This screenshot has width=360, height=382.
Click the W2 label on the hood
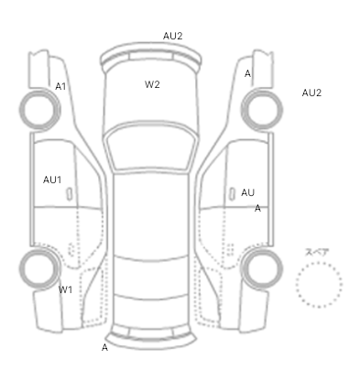(x=152, y=84)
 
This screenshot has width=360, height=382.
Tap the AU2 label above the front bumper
(x=172, y=36)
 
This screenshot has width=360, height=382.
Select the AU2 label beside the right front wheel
(x=311, y=93)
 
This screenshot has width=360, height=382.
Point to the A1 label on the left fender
(x=60, y=86)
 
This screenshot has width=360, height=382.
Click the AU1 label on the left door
(x=52, y=180)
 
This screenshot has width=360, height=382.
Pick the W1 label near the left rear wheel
(x=65, y=289)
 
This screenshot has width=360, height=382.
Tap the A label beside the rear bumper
(x=104, y=347)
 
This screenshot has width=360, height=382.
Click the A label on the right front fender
(x=247, y=73)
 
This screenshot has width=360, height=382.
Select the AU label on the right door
(x=247, y=192)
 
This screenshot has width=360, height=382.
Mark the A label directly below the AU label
(x=257, y=208)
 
